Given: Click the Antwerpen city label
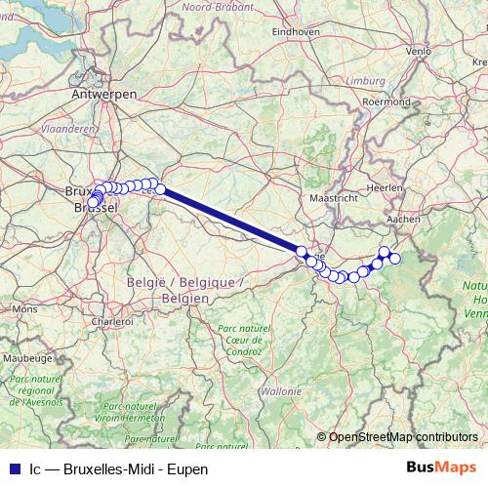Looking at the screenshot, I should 103,95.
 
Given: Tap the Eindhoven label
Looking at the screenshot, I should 297,31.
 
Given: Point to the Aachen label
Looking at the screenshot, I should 403,220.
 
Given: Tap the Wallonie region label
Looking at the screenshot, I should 281,390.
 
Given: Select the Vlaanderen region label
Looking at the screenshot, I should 69,128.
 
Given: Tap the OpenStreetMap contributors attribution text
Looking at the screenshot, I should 402,437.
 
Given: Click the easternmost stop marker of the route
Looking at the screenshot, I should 395,259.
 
